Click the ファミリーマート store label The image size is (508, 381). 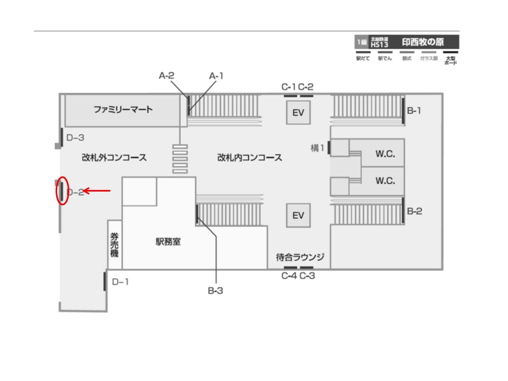pyautogui.click(x=123, y=110)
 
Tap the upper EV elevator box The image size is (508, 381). pyautogui.click(x=298, y=113)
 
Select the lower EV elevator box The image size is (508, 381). pyautogui.click(x=298, y=215)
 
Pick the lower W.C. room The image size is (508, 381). pyautogui.click(x=386, y=181)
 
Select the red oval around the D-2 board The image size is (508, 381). pyautogui.click(x=62, y=190)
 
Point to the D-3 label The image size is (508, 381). pyautogui.click(x=75, y=138)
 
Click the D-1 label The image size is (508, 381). pyautogui.click(x=120, y=282)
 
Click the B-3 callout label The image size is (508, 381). pyautogui.click(x=216, y=290)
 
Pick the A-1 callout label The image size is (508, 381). pyautogui.click(x=216, y=76)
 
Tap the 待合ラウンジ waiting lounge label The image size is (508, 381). pyautogui.click(x=300, y=258)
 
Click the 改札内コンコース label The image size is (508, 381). pyautogui.click(x=249, y=158)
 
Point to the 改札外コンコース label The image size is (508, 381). pyautogui.click(x=114, y=158)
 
